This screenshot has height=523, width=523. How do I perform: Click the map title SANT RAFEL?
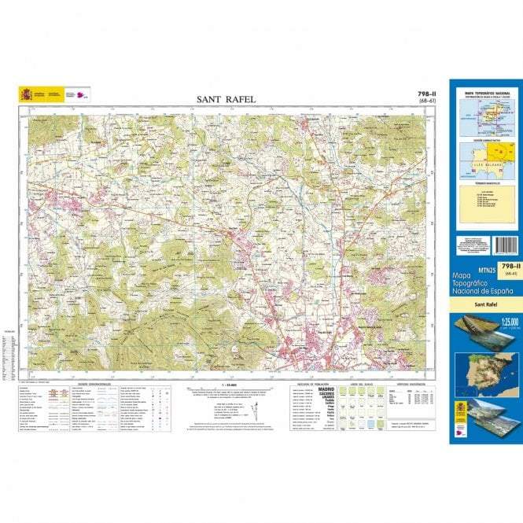227,99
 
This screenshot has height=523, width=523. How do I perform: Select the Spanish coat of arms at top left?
26,95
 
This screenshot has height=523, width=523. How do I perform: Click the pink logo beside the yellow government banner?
82,95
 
